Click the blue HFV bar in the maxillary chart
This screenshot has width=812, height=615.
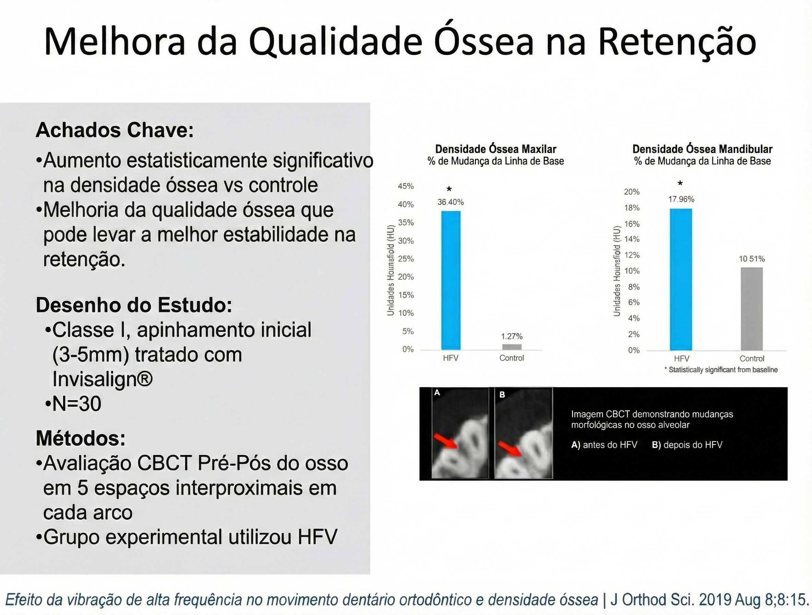tap(451, 280)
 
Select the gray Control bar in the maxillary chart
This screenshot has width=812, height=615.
tap(512, 347)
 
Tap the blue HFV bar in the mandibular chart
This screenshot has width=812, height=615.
tap(681, 280)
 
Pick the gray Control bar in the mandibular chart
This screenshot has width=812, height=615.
tap(751, 309)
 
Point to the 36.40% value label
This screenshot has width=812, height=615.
tap(451, 202)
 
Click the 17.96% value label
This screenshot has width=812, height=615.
tap(681, 199)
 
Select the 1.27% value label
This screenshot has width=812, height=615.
tap(512, 336)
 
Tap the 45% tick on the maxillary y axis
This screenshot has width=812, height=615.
tap(406, 186)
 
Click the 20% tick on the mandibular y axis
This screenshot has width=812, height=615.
tap(632, 192)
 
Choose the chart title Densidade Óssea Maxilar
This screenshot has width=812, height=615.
tap(495, 149)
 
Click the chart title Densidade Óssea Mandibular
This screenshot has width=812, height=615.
tap(702, 149)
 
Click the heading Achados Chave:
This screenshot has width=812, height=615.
tap(115, 130)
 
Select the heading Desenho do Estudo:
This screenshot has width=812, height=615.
tap(134, 305)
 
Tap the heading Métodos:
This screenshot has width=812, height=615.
tap(81, 438)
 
